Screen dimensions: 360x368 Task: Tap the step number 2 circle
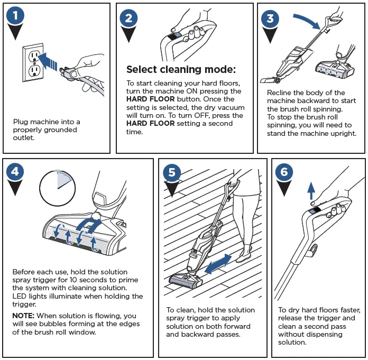[x=130, y=19]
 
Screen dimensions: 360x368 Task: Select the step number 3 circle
[x=270, y=19]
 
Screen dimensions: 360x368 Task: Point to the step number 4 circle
[x=16, y=172]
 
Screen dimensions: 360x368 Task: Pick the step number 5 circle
[x=172, y=173]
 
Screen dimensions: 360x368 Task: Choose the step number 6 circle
[x=284, y=172]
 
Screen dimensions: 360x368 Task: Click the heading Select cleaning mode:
[x=181, y=70]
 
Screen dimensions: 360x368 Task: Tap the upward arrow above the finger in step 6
[x=311, y=191]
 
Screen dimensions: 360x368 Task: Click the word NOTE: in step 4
[x=23, y=315]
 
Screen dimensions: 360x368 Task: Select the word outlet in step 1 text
[x=24, y=138]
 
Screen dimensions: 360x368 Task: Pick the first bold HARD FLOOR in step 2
[x=147, y=99]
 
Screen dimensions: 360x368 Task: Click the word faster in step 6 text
[x=349, y=310]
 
